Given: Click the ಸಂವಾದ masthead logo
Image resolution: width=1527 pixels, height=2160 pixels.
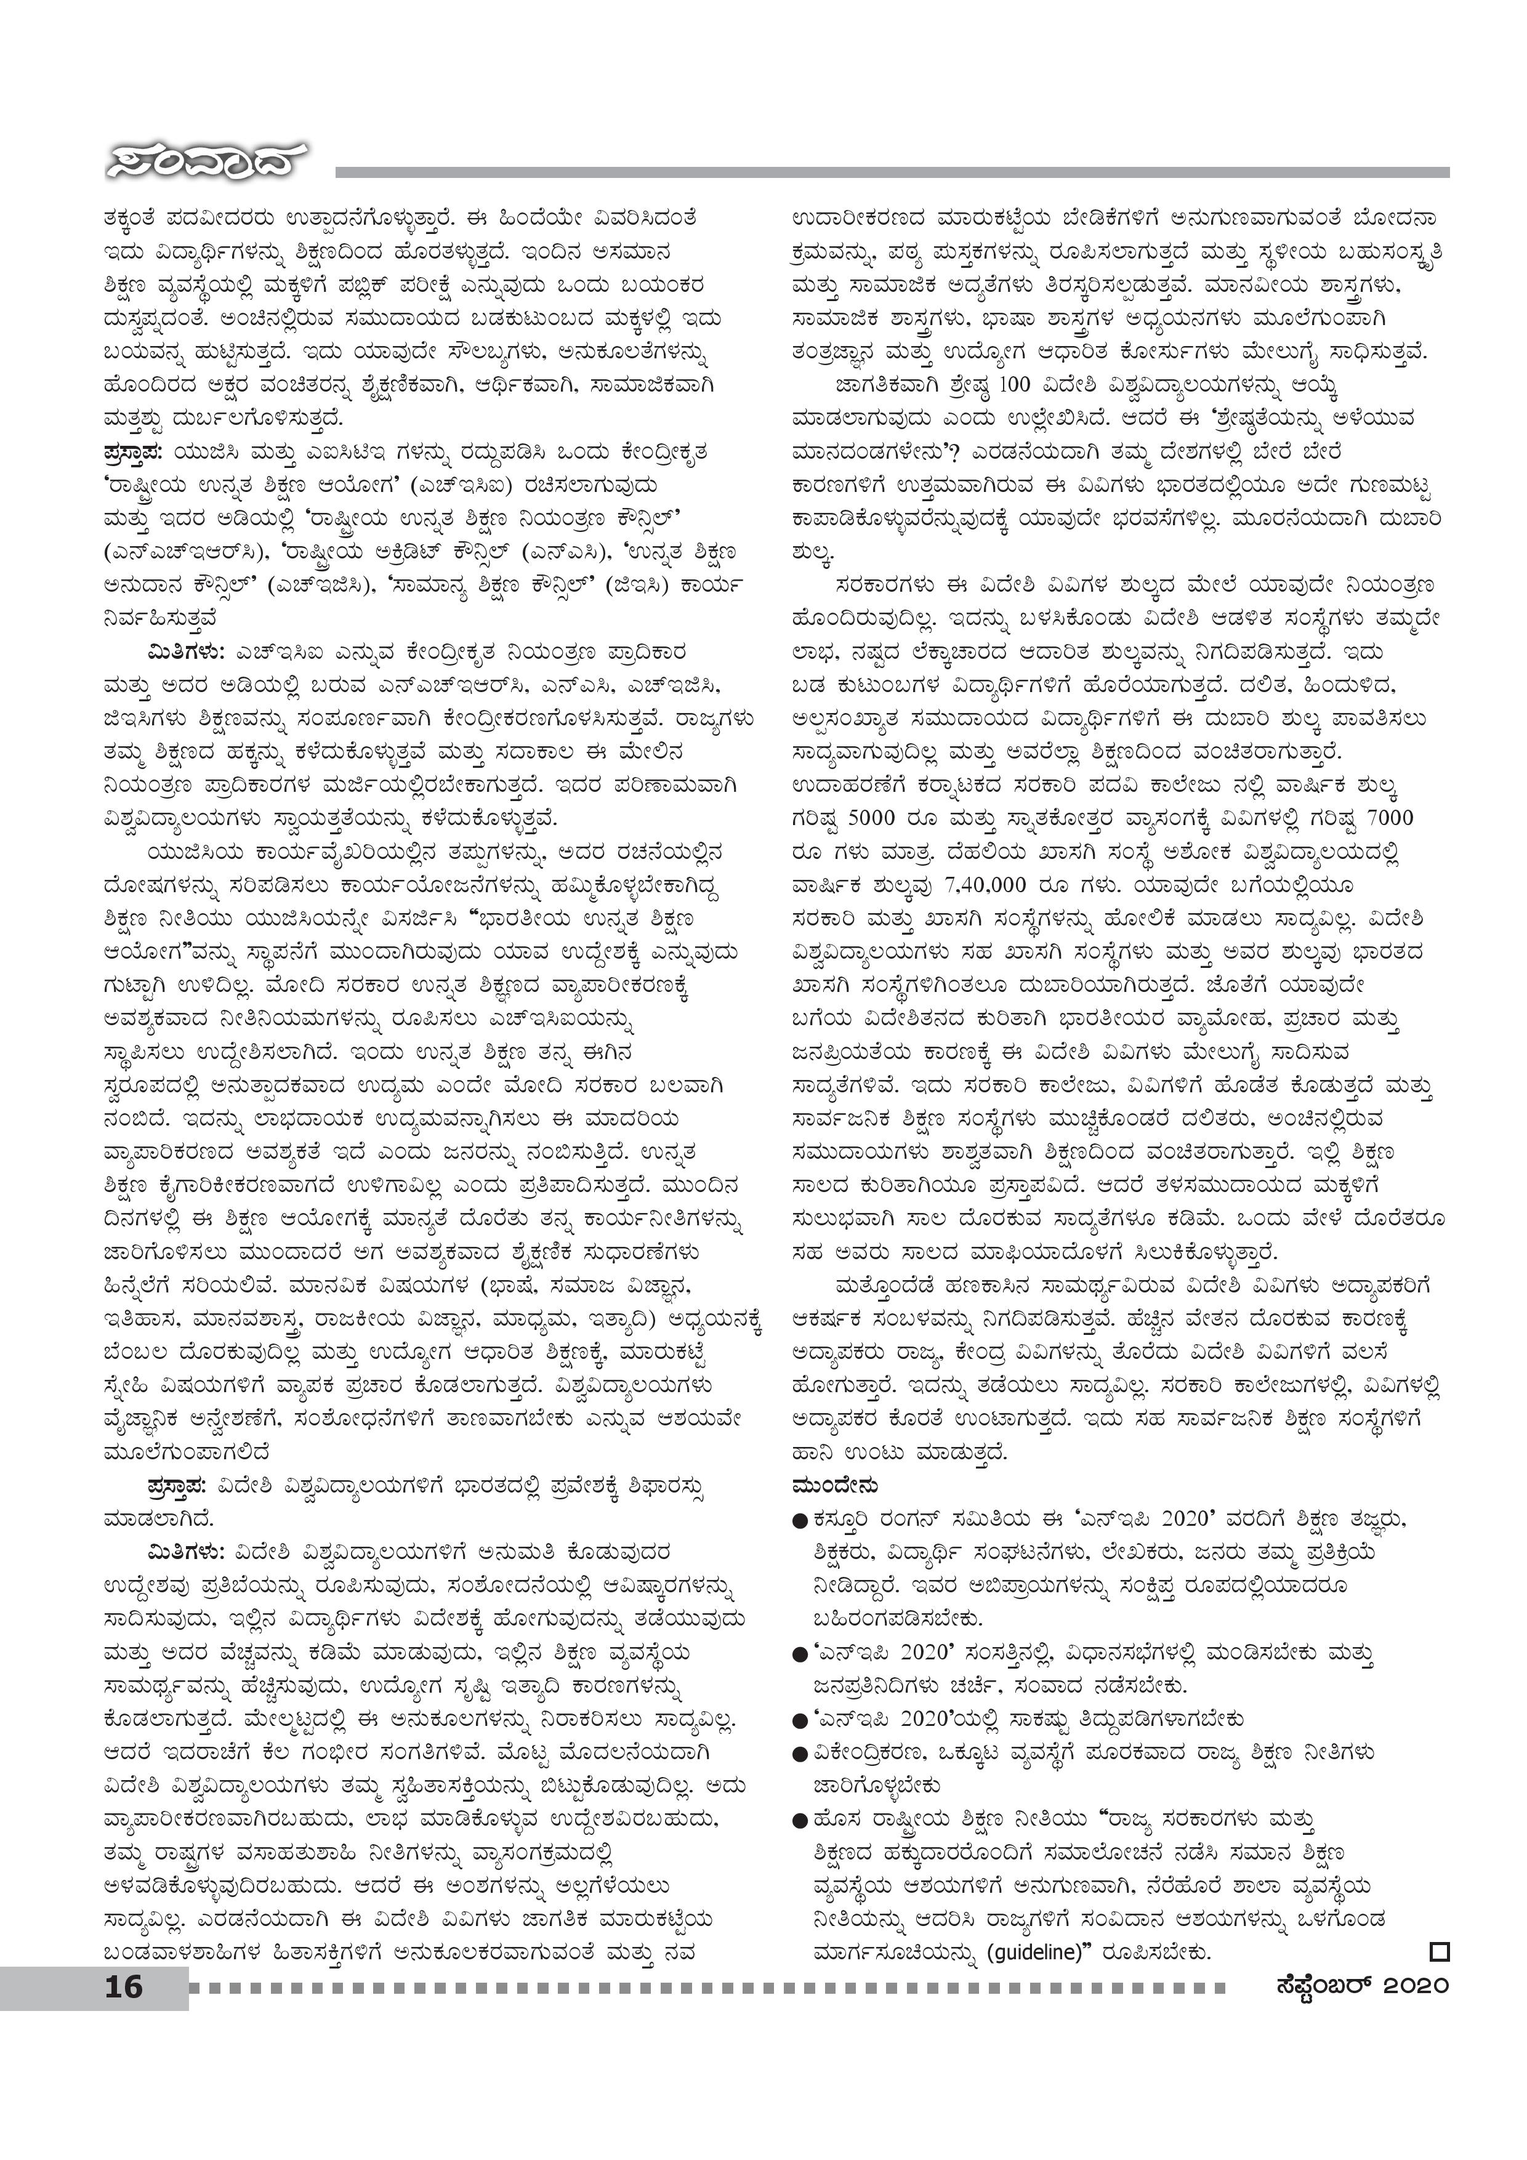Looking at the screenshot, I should pos(206,166).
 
